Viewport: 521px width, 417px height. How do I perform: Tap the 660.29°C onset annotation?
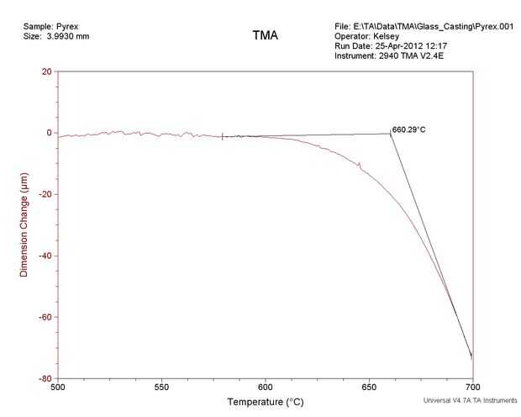(409, 130)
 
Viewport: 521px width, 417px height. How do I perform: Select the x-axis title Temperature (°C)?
(266, 403)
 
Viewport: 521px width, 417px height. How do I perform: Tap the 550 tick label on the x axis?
(162, 388)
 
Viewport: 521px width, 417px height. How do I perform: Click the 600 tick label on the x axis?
(266, 388)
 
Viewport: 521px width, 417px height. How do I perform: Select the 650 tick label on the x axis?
(370, 388)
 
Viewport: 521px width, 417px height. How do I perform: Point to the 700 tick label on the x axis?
(473, 388)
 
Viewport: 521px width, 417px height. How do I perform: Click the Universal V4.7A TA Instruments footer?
(471, 402)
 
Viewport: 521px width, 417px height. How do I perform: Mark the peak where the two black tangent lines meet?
(391, 134)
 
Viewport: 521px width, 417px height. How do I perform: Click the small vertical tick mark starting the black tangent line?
(223, 136)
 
